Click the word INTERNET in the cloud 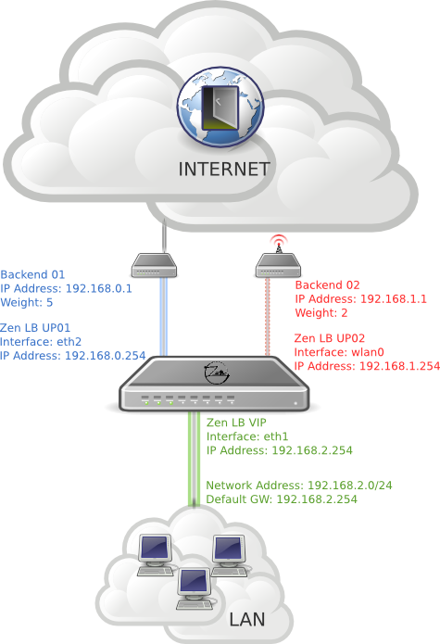coord(223,170)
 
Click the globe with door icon coord(220,107)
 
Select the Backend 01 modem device coord(154,265)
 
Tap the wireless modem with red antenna coord(278,265)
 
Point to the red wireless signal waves coord(278,238)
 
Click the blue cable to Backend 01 coord(163,317)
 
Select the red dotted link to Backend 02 coord(267,317)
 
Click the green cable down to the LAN coord(195,459)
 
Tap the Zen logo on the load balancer coord(217,373)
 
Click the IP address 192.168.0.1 coord(99,288)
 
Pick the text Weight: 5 coord(27,303)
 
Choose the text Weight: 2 coord(321,313)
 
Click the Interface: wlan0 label coord(339,352)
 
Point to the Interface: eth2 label coord(41,342)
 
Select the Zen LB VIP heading coord(236,423)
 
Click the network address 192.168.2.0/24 coord(350,486)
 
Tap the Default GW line coord(282,499)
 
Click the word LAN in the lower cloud coord(247,619)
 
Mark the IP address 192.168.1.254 coord(400,366)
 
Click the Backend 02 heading coord(328,285)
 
